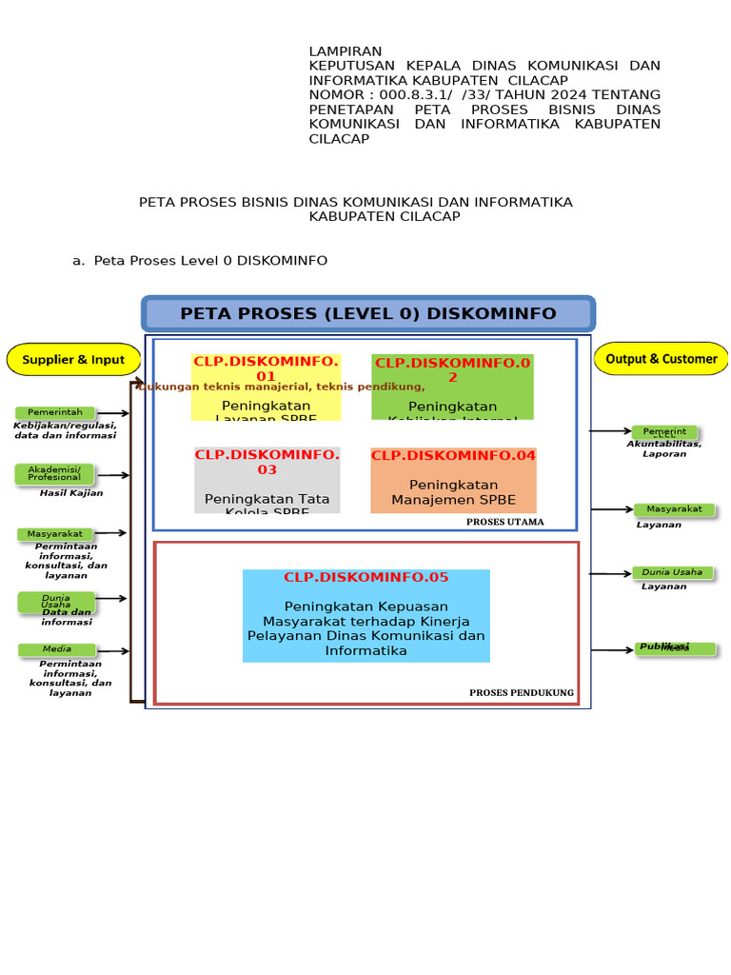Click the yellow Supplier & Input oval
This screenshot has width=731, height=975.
(x=73, y=360)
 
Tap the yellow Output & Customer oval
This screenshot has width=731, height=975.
(x=662, y=359)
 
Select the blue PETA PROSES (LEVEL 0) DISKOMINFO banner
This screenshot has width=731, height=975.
(x=368, y=314)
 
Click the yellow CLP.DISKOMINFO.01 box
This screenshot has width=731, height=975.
(x=267, y=387)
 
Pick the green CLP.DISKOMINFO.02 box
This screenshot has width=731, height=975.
(x=452, y=387)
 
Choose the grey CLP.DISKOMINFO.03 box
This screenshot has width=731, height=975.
(x=267, y=480)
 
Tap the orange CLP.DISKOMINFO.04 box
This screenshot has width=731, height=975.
(x=453, y=480)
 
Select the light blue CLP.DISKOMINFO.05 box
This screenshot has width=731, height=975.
(x=366, y=615)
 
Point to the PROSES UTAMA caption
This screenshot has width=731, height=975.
(x=504, y=522)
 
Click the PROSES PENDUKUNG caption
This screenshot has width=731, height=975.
(x=522, y=693)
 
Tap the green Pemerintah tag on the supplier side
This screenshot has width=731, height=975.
(x=55, y=412)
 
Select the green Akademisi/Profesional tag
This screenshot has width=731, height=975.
(x=55, y=473)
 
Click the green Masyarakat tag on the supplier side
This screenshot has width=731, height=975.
(x=55, y=534)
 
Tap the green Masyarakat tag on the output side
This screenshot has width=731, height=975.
(x=674, y=509)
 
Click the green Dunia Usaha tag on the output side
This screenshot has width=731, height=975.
(x=672, y=572)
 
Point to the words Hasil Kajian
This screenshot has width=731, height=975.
(x=71, y=493)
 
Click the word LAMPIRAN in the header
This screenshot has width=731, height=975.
(x=346, y=51)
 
